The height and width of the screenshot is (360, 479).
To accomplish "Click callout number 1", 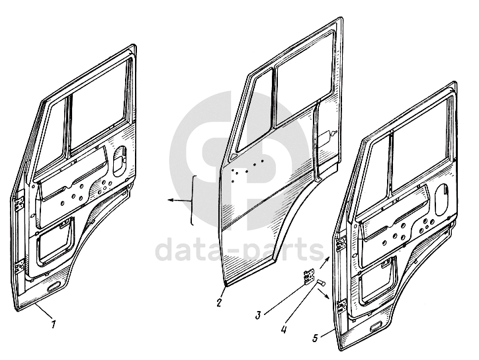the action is (x=54, y=324).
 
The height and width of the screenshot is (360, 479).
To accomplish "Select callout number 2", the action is (x=219, y=303).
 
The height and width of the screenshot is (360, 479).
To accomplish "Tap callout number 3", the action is (x=259, y=315).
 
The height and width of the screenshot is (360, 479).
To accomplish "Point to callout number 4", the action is (x=284, y=330).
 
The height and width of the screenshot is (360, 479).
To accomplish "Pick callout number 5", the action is (x=316, y=337).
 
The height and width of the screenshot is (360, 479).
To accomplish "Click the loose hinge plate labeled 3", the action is (x=309, y=276).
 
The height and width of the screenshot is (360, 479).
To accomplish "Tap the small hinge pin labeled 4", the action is (x=321, y=282).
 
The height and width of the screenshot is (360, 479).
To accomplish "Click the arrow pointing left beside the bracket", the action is (x=180, y=200).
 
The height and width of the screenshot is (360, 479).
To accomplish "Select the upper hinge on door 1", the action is (x=20, y=203).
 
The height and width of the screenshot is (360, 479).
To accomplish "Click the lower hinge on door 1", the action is (x=20, y=265).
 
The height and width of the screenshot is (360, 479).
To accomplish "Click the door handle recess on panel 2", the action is (x=326, y=135).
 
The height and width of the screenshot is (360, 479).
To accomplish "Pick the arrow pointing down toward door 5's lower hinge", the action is (x=324, y=294).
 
